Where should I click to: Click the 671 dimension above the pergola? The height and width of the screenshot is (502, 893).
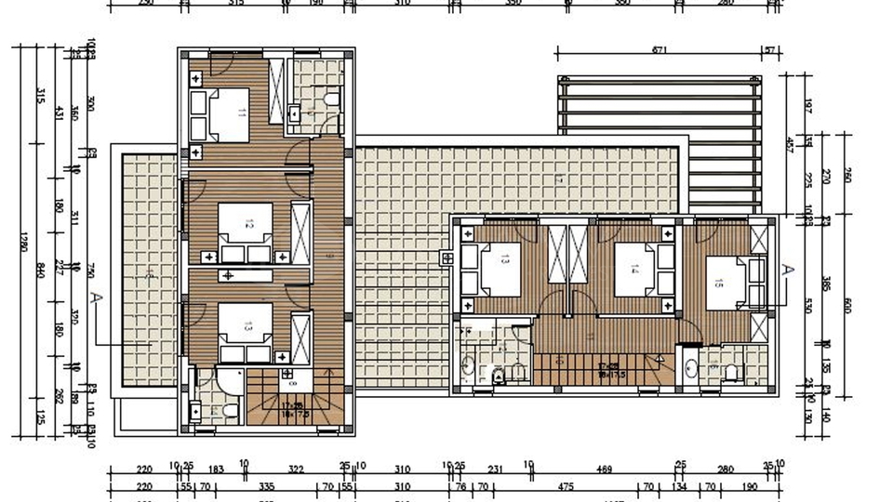click(659, 48)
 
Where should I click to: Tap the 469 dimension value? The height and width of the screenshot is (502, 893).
click(604, 469)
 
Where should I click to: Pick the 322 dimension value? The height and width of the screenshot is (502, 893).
click(295, 469)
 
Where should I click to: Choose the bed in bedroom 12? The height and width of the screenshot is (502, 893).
click(247, 224)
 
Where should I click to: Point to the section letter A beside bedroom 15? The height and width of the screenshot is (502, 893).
click(786, 270)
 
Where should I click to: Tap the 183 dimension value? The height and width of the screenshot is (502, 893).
click(217, 469)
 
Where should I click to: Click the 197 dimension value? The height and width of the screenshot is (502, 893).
click(807, 109)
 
